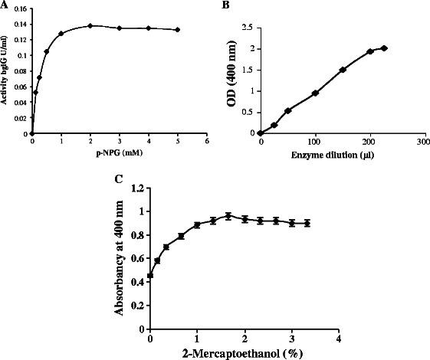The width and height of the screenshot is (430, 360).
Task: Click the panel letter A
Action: [x=5, y=5]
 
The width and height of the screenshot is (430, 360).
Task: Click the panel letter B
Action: [x=223, y=5]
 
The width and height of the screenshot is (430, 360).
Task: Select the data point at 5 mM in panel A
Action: [x=178, y=30]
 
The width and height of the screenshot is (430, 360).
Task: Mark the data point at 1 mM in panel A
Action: [x=61, y=34]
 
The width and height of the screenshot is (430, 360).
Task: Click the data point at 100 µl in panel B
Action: [x=315, y=93]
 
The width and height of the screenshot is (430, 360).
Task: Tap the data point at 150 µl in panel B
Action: [x=343, y=70]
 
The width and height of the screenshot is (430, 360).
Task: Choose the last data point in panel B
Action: [x=384, y=48]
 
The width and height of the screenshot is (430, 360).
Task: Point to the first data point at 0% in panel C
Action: [x=150, y=276]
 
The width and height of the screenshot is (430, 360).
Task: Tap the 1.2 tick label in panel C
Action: [x=139, y=187]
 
